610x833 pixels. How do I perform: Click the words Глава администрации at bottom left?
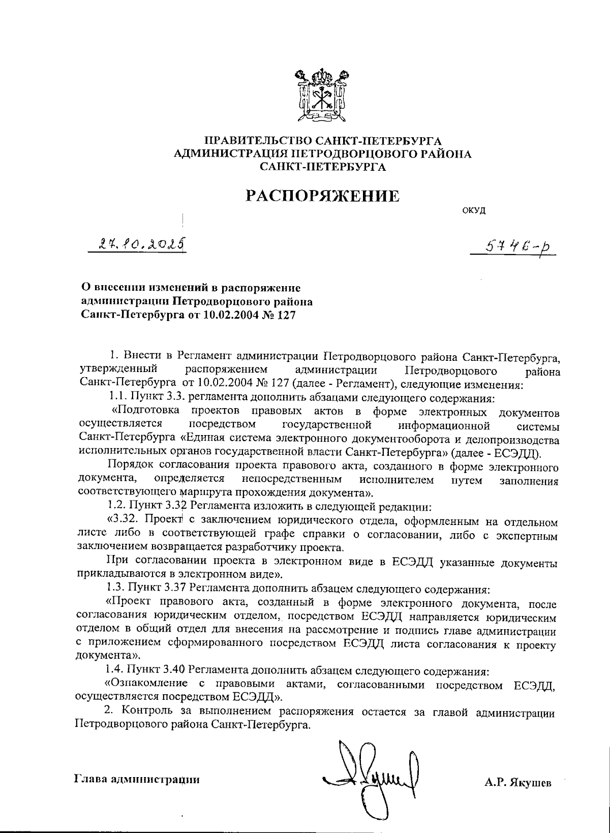click(137, 778)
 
